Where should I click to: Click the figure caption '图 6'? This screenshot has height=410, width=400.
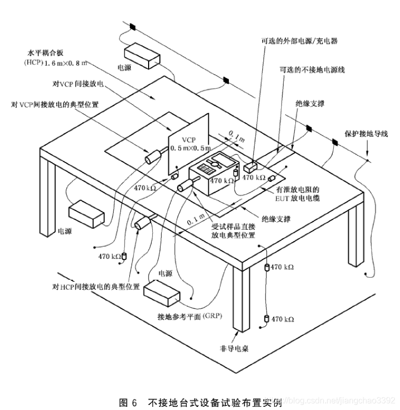(128, 402)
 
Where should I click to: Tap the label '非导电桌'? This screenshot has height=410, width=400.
(233, 349)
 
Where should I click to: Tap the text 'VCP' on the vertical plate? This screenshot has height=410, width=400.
(187, 141)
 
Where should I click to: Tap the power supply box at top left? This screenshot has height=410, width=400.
(142, 55)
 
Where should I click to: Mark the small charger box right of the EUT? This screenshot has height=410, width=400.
(251, 167)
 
